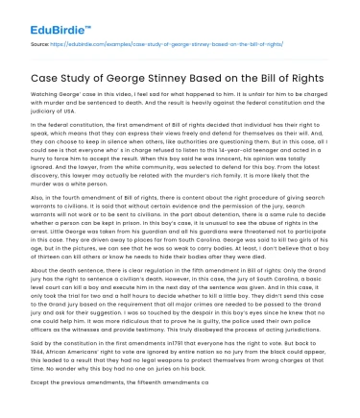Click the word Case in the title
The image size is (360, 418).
pos(43,76)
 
